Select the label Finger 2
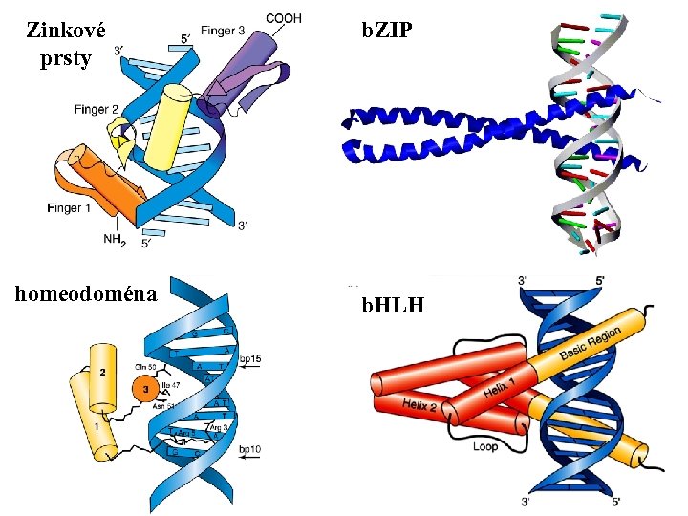(x=97, y=110)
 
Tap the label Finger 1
(x=68, y=207)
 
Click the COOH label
(x=285, y=18)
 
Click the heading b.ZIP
(x=387, y=31)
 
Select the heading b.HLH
(x=392, y=306)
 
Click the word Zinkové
(x=66, y=30)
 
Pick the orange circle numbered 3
(x=145, y=389)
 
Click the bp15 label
(x=250, y=358)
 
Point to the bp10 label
(x=250, y=448)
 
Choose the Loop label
(x=485, y=446)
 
